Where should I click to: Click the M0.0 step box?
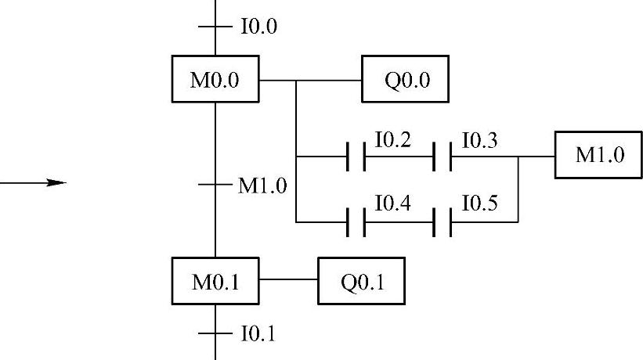click(x=215, y=79)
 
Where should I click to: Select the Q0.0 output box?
click(x=405, y=79)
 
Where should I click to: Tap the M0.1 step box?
click(x=215, y=280)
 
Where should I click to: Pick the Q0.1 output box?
click(x=362, y=280)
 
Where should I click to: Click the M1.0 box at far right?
click(x=599, y=156)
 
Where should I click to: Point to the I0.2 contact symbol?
click(x=356, y=157)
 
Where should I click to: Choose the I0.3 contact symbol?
click(x=443, y=157)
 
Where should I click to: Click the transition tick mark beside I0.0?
click(x=215, y=27)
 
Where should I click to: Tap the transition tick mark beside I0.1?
click(x=215, y=333)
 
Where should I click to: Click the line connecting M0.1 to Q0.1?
click(x=288, y=279)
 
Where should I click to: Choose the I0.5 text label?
click(x=479, y=205)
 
